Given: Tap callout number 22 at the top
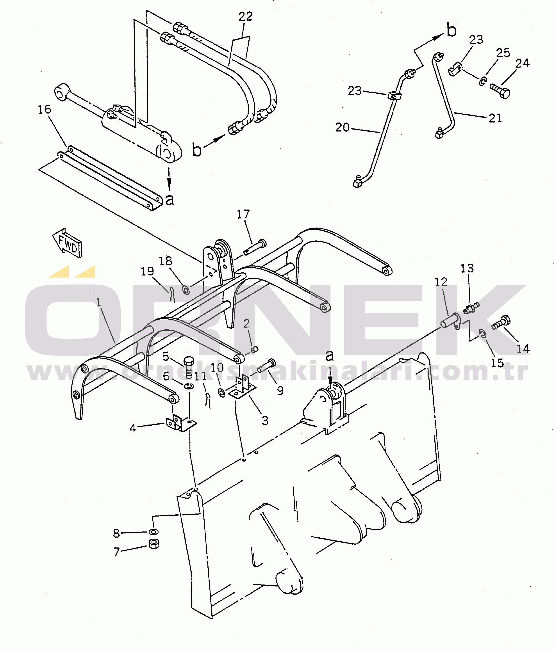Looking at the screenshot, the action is (x=245, y=17).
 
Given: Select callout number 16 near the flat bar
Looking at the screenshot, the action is (x=44, y=110).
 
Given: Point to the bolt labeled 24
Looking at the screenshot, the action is (x=500, y=91).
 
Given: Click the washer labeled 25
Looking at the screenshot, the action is (x=483, y=81).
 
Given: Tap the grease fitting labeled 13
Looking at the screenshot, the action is (x=471, y=308).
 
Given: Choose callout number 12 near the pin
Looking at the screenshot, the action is (x=441, y=282).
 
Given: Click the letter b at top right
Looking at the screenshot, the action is (x=452, y=30).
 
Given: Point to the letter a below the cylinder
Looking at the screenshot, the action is (x=170, y=199).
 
